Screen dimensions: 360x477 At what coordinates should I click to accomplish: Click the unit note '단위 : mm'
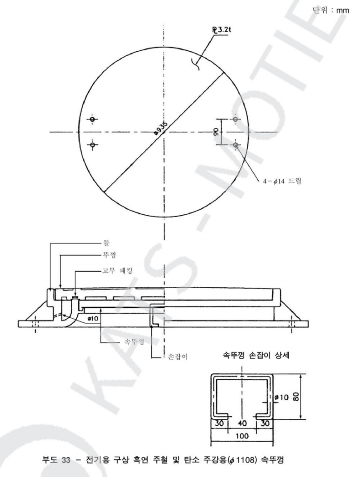(x=331, y=10)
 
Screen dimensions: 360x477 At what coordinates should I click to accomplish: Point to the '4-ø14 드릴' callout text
(x=282, y=182)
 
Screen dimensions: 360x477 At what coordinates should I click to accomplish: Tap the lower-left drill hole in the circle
(x=92, y=145)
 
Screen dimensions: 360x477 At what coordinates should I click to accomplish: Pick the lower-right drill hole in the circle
(x=236, y=145)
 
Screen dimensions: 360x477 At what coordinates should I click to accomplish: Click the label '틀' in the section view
(x=107, y=243)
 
